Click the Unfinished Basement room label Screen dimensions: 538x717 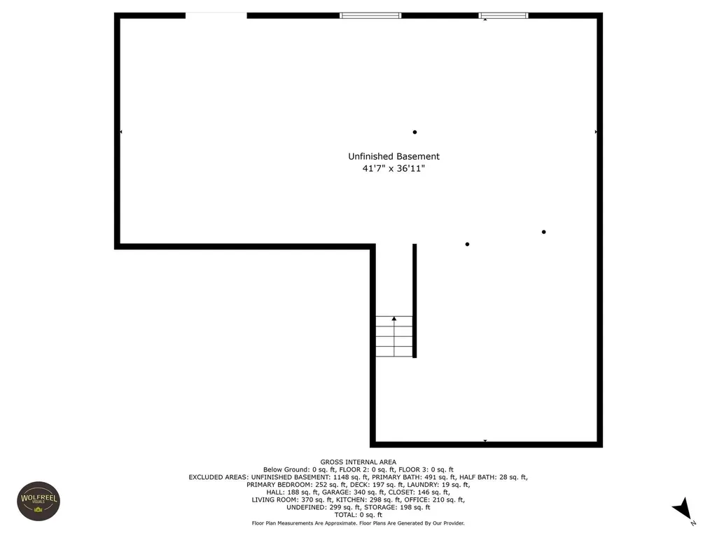[x=394, y=156]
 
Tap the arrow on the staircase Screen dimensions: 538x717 [x=394, y=319]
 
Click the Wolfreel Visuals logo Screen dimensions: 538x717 [x=37, y=501]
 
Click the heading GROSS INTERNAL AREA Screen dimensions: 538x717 [x=358, y=462]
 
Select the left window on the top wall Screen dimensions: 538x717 [x=370, y=15]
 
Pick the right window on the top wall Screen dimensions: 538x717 [x=503, y=15]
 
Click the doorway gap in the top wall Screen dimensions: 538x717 [x=216, y=15]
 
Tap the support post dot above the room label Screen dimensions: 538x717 [x=415, y=132]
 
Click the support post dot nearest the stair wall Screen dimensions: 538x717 [x=467, y=244]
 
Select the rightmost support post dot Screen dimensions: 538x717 [x=543, y=232]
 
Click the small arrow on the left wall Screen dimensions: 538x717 [x=121, y=132]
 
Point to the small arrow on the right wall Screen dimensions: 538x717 [x=596, y=132]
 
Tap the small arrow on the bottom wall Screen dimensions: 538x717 [x=485, y=441]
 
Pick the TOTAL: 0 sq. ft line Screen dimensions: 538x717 [x=358, y=515]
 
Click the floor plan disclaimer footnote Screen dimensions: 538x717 [x=358, y=523]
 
